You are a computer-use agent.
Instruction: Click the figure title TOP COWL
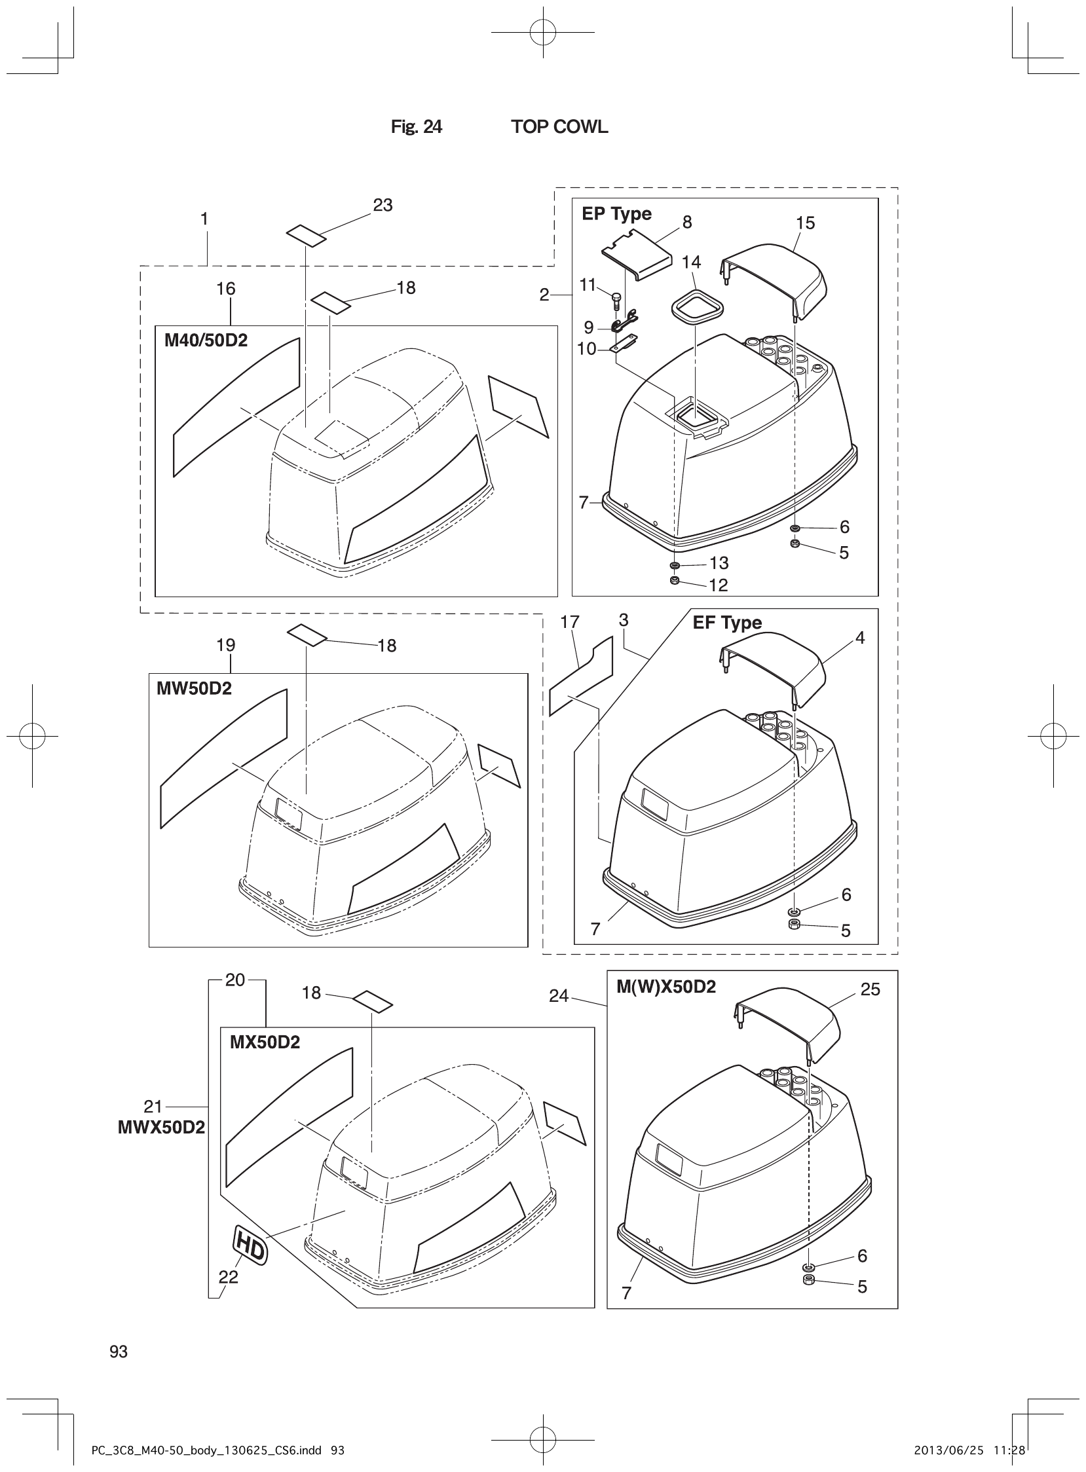[559, 127]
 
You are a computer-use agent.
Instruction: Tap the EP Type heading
[616, 213]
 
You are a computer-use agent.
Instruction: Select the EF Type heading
[727, 622]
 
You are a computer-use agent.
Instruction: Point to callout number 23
[383, 205]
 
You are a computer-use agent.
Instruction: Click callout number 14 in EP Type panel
[691, 262]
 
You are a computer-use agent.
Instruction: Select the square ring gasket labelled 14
[696, 307]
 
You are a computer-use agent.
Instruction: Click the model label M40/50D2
[206, 340]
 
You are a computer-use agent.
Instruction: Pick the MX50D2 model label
[264, 1042]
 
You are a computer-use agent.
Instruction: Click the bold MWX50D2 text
[162, 1127]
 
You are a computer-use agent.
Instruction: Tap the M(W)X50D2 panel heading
[666, 986]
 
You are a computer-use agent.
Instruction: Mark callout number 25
[870, 989]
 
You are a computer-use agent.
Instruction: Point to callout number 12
[719, 585]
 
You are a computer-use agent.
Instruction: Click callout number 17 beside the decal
[570, 621]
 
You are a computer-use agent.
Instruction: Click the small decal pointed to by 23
[307, 235]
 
